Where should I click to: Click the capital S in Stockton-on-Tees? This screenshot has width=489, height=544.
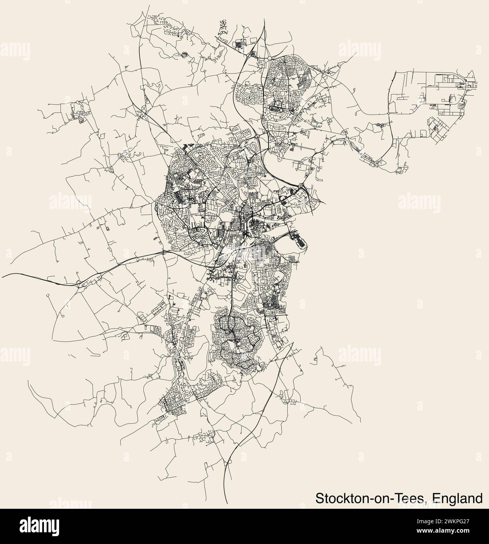pos(319,499)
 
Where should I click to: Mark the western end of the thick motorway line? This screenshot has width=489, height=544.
pos(3,274)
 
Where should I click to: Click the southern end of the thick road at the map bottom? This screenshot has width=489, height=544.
pos(227,503)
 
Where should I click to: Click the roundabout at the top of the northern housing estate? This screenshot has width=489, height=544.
pos(271,59)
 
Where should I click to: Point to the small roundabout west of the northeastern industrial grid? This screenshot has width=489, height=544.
pos(389,113)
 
